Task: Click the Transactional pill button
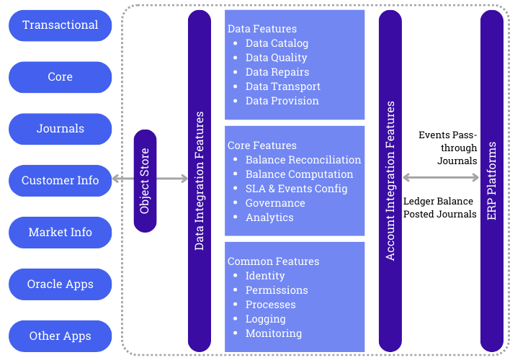pos(61,25)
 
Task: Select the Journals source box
pos(61,129)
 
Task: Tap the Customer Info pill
pos(61,180)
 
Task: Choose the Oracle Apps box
pos(61,284)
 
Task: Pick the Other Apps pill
pos(61,336)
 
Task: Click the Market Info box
pos(61,232)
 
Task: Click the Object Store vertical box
pos(145,180)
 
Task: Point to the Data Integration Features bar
pos(200,180)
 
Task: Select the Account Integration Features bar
pos(390,180)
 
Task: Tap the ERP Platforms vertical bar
pos(492,180)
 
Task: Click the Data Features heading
pos(261,30)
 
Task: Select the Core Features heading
pos(261,145)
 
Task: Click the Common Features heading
pos(273,261)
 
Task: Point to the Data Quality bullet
pos(276,58)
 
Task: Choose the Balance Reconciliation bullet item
pos(303,160)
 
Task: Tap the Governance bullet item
pos(274,203)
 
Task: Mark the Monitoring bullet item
pos(273,333)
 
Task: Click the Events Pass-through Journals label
pos(448,148)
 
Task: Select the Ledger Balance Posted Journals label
pos(439,208)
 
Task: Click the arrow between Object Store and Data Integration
pos(172,178)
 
